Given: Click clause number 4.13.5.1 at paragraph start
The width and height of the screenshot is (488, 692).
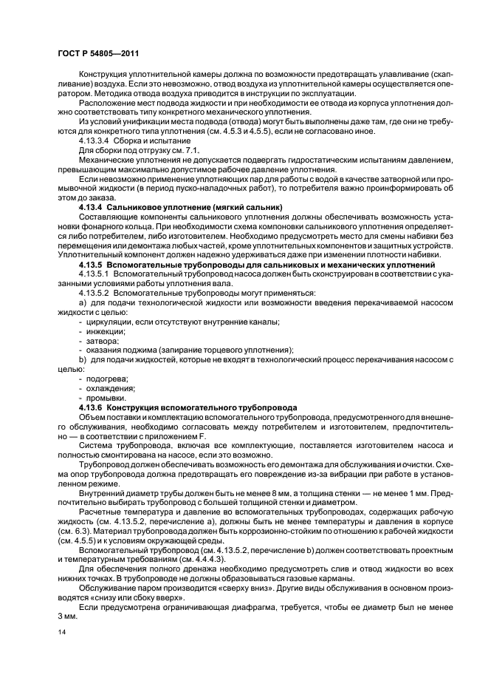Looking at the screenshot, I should point(95,274).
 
